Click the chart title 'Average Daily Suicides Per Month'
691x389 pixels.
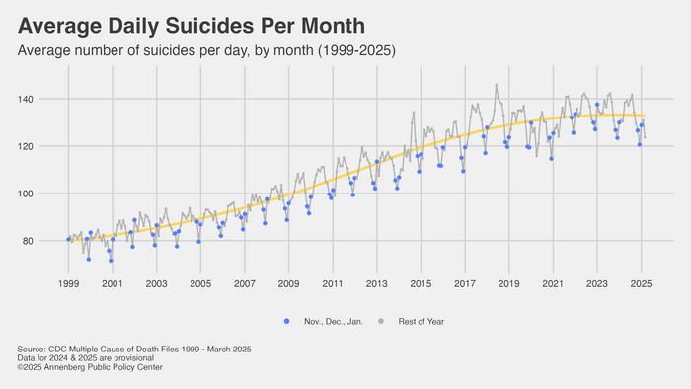[x=192, y=26]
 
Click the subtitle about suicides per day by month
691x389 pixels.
[x=212, y=49]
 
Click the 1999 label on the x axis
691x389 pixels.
[x=68, y=283]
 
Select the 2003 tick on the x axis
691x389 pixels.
[x=156, y=283]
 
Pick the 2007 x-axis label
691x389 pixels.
[x=244, y=283]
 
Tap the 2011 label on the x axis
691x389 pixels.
[x=332, y=283]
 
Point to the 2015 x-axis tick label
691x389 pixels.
[x=421, y=283]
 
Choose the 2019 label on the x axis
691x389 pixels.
[x=508, y=283]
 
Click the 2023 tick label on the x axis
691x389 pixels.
[x=596, y=283]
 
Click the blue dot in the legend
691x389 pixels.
[x=287, y=322]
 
